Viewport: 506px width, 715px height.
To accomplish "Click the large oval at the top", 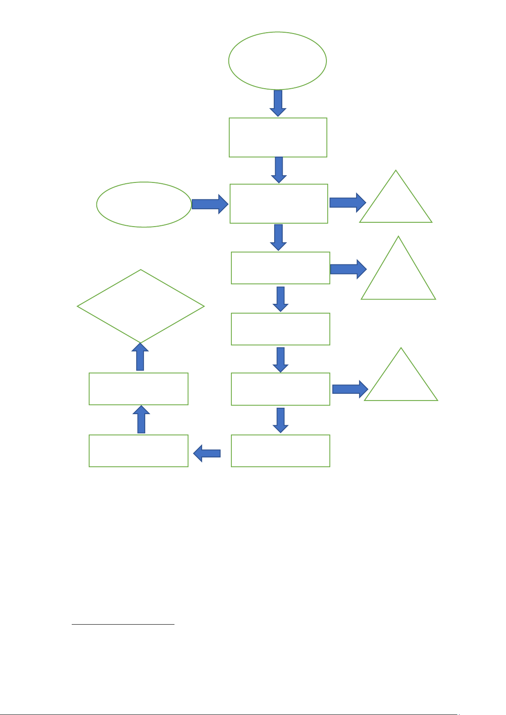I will (278, 60).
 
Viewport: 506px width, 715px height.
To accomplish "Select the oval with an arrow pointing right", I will (144, 205).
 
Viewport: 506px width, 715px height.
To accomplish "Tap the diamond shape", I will (141, 306).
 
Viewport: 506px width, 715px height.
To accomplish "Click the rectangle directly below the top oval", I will (278, 137).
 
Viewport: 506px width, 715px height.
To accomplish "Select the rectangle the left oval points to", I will (279, 204).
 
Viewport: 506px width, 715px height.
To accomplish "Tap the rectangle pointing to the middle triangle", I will (281, 268).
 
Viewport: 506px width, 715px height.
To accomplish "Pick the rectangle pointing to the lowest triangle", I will (281, 389).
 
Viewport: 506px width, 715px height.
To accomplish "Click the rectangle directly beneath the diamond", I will (138, 389).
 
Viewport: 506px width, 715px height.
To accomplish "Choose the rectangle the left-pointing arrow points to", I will (138, 451).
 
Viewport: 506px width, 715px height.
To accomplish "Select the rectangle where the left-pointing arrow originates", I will (281, 451).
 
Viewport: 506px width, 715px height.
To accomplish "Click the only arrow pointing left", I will (207, 454).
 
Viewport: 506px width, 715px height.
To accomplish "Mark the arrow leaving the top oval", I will (278, 103).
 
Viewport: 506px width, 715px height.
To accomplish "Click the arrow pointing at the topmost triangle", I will (347, 202).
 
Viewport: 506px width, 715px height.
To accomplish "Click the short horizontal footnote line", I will (123, 624).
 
